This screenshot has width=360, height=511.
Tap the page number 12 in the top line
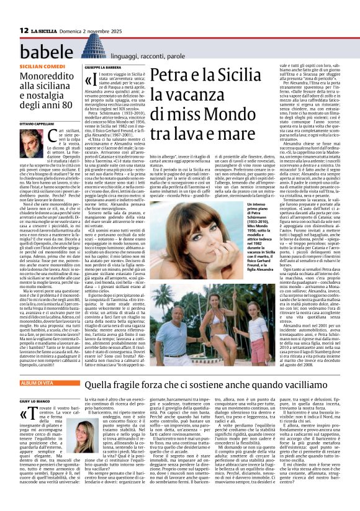click(23, 12)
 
